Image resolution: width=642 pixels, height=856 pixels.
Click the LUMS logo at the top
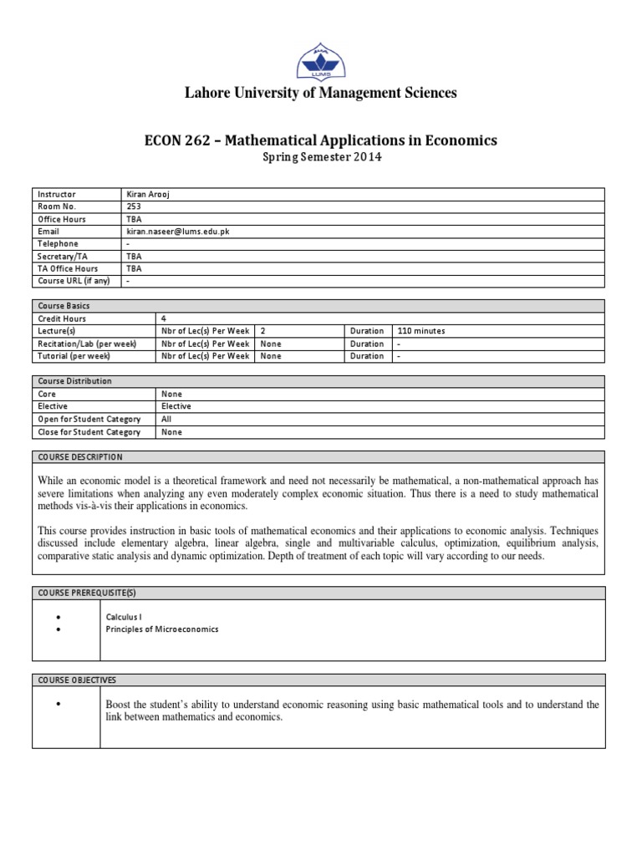click(320, 62)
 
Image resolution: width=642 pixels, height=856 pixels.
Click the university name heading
click(320, 93)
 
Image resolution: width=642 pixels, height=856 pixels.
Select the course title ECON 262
click(321, 140)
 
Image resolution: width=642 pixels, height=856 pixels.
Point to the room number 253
click(133, 206)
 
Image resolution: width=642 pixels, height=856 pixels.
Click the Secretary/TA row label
click(64, 257)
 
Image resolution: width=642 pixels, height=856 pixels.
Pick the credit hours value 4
click(164, 318)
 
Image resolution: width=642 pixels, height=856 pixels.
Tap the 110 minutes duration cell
click(421, 331)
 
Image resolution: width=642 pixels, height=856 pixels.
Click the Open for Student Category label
click(89, 419)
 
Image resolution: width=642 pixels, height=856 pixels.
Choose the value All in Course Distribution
click(166, 419)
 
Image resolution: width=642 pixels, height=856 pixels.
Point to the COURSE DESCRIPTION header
click(80, 457)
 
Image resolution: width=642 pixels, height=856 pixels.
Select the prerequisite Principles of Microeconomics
click(162, 629)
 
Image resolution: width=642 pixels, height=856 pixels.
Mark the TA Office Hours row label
click(68, 269)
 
